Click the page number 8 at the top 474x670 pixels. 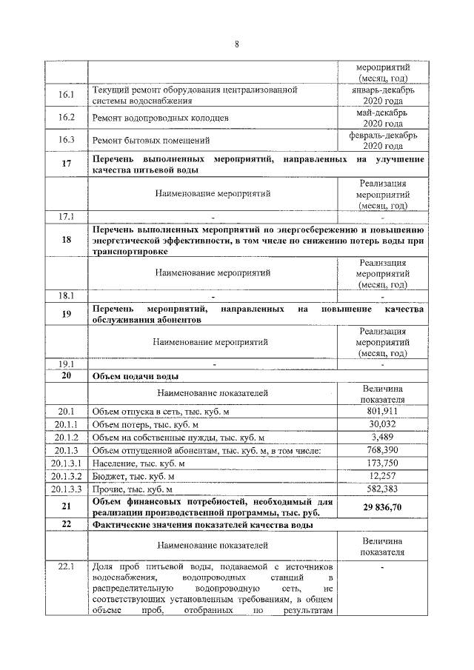coord(236,44)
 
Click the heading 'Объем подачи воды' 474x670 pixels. coord(133,377)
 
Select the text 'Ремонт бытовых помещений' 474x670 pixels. coord(150,140)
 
